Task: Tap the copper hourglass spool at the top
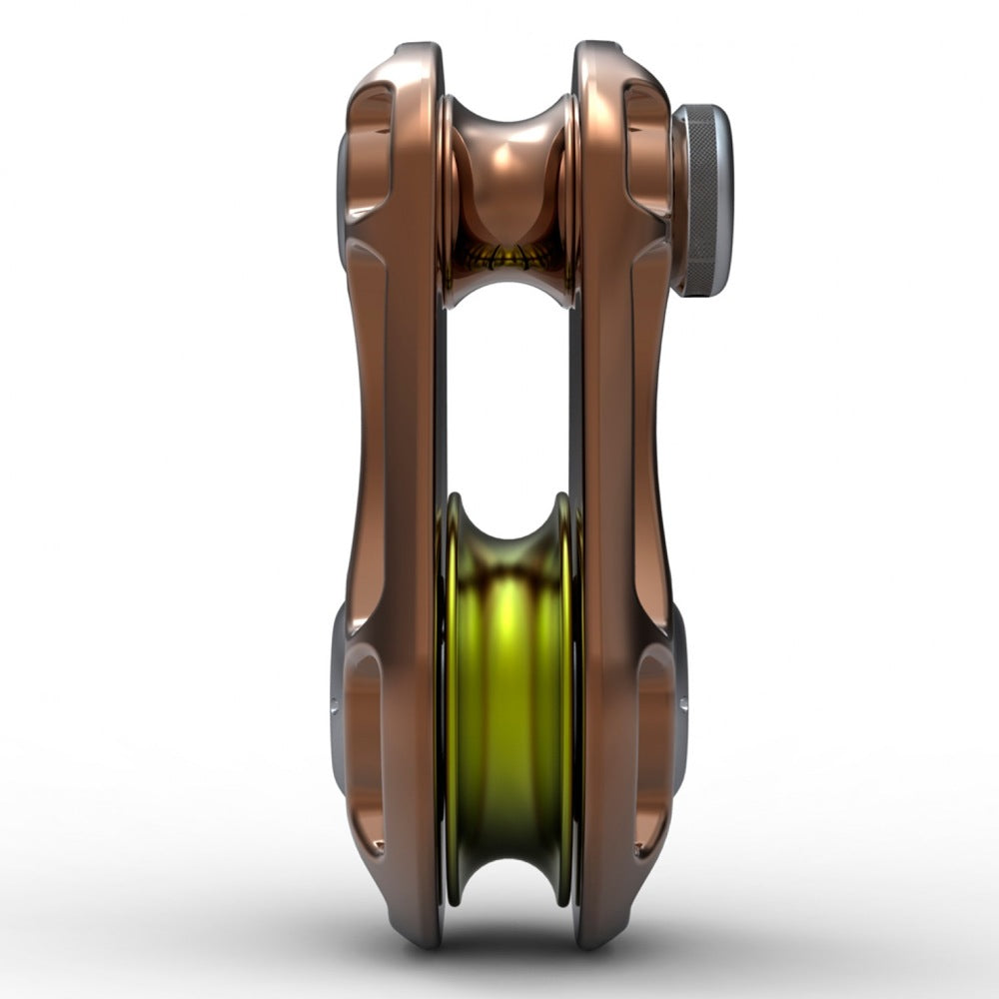[x=508, y=170]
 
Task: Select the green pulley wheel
[x=509, y=699]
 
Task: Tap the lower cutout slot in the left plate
[x=365, y=749]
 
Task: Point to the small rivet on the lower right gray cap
[x=683, y=705]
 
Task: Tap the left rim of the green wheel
[x=452, y=699]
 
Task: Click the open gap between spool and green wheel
[x=509, y=400]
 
